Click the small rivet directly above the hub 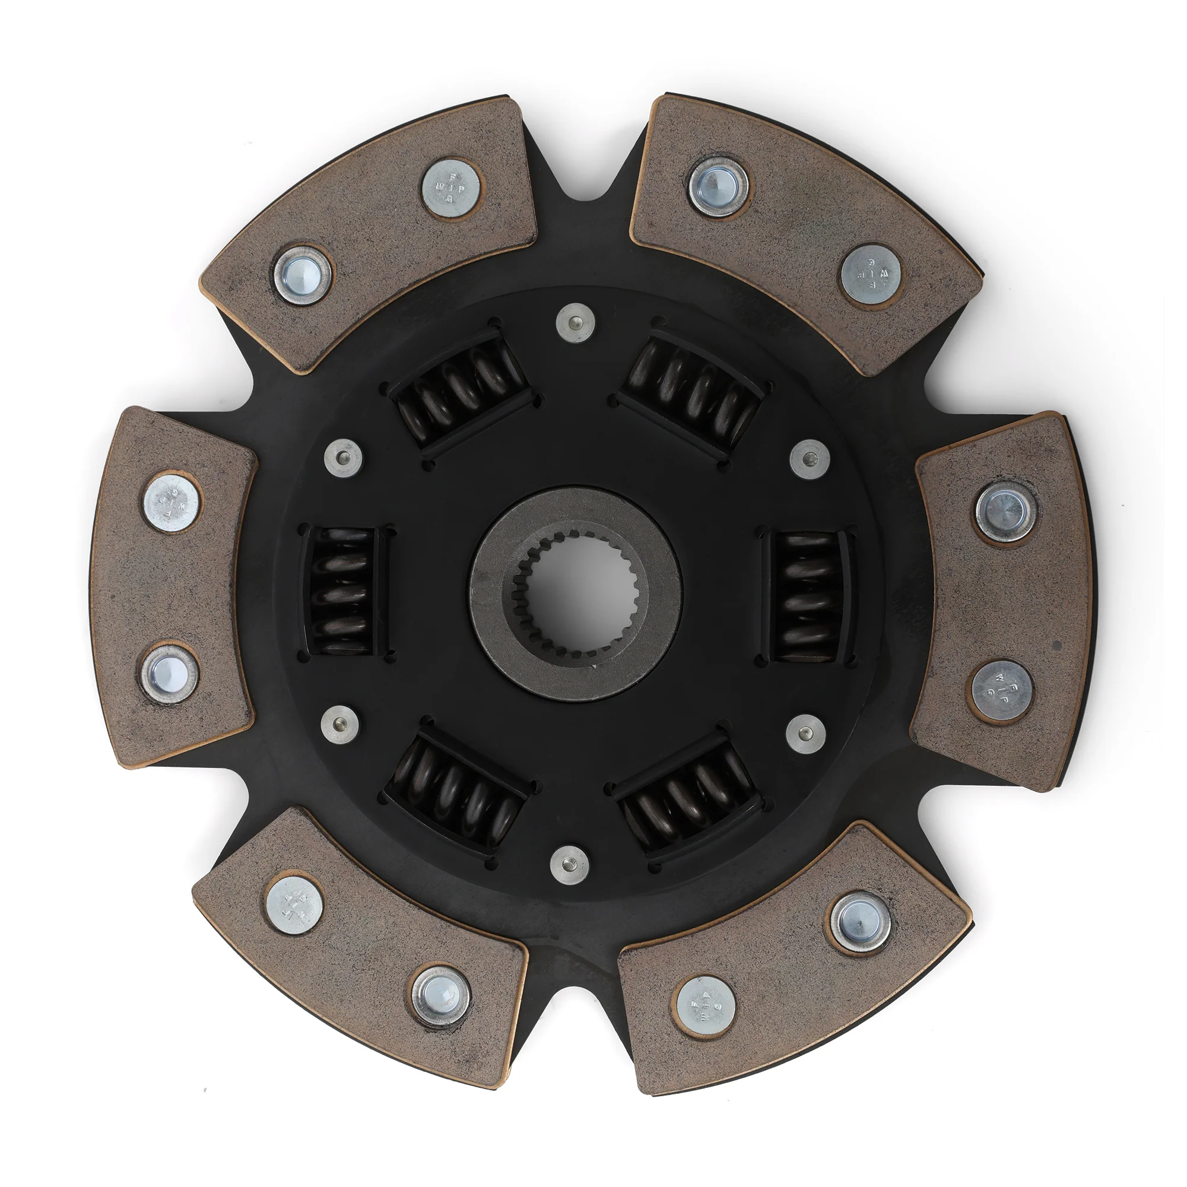576,320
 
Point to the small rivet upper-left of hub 343,458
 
